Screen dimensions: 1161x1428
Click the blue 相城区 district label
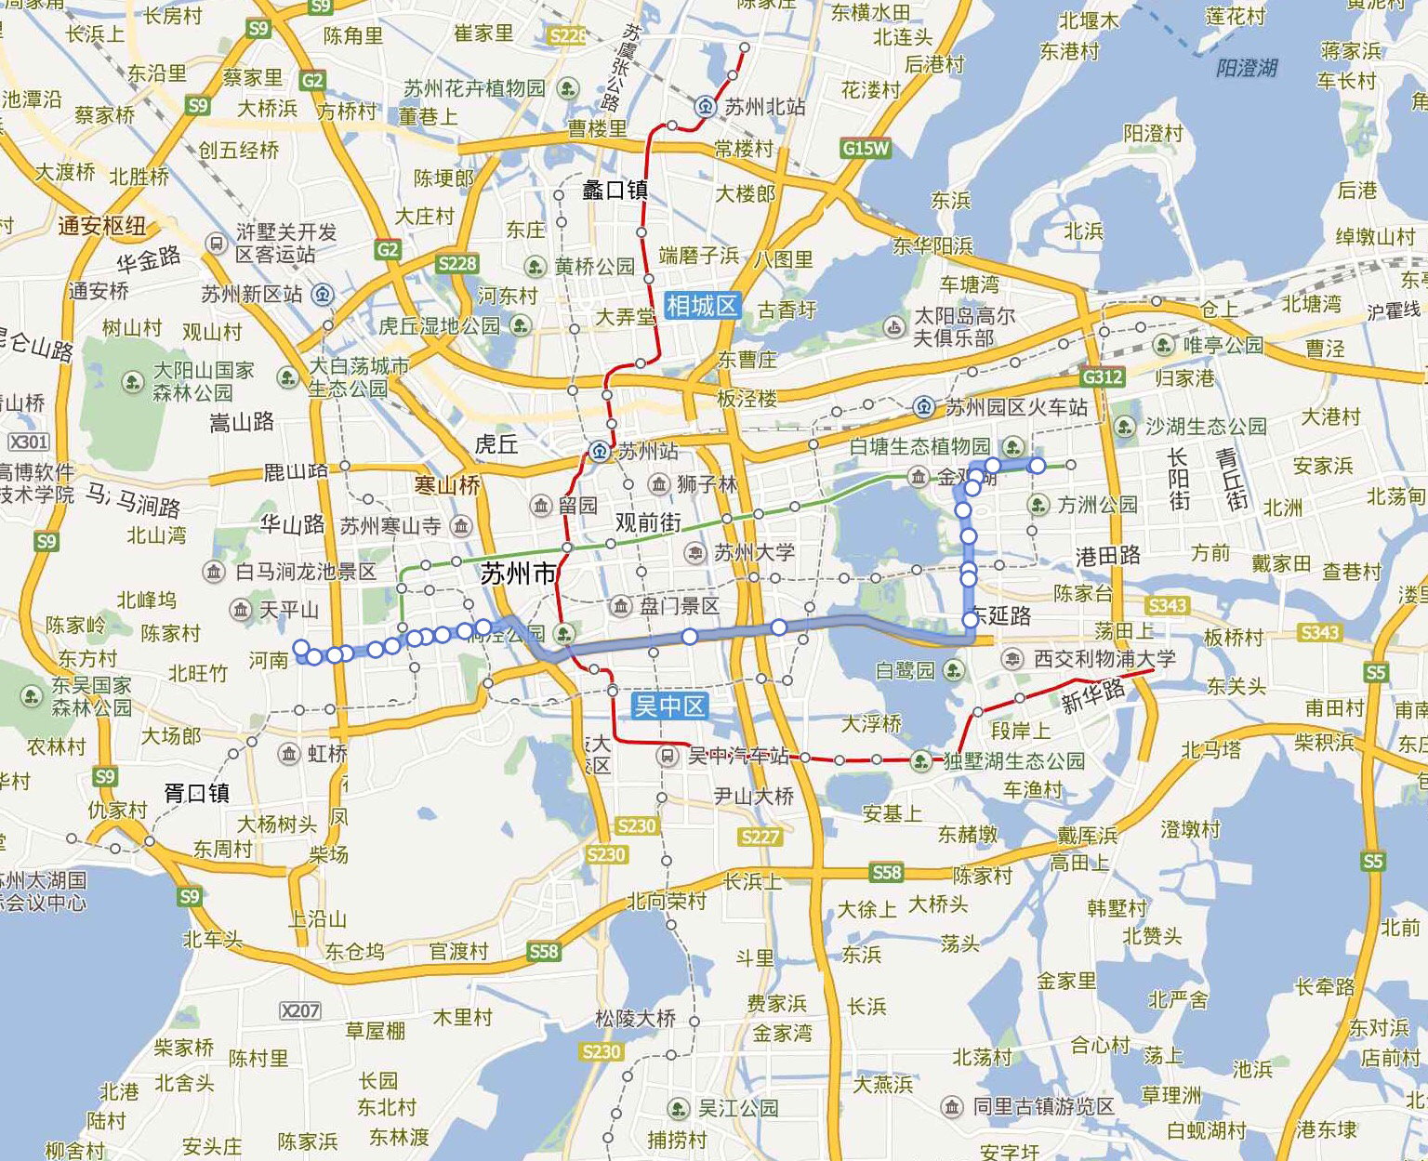pyautogui.click(x=702, y=305)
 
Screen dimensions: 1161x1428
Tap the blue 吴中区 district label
pyautogui.click(x=669, y=706)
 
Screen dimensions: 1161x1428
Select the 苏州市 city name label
pyautogui.click(x=518, y=574)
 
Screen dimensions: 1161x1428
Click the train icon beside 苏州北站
pyautogui.click(x=707, y=107)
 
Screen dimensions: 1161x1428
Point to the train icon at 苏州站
pyautogui.click(x=600, y=453)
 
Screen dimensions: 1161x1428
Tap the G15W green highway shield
pyautogui.click(x=866, y=148)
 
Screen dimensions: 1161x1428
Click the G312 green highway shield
pyautogui.click(x=1103, y=376)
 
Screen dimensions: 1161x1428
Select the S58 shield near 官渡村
pyautogui.click(x=543, y=951)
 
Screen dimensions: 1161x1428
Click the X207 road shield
pyautogui.click(x=299, y=1010)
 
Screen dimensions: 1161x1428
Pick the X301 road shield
pyautogui.click(x=28, y=442)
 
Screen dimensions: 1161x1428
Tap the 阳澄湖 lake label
pyautogui.click(x=1247, y=68)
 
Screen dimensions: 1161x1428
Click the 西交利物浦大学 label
pyautogui.click(x=1104, y=659)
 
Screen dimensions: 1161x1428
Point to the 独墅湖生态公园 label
pyautogui.click(x=1013, y=761)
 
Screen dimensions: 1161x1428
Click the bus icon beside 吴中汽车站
pyautogui.click(x=667, y=756)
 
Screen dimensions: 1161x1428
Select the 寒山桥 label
pyautogui.click(x=447, y=484)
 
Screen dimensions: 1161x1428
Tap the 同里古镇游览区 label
pyautogui.click(x=1042, y=1106)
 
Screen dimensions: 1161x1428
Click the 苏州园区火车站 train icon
pyautogui.click(x=924, y=407)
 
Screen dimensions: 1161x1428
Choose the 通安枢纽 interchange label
pyautogui.click(x=101, y=225)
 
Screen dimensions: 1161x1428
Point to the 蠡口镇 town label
pyautogui.click(x=615, y=191)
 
